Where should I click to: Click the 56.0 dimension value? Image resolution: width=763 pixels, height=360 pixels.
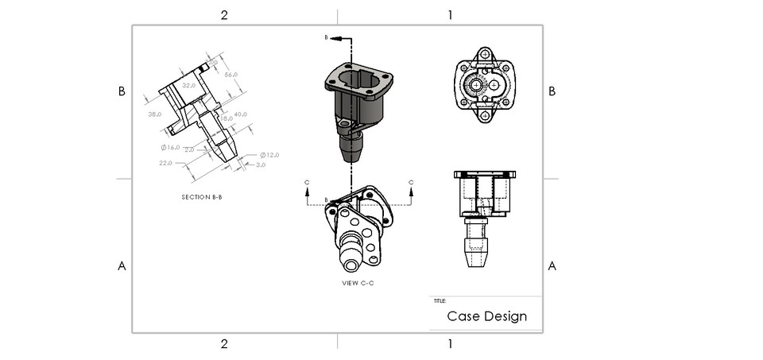click(x=232, y=74)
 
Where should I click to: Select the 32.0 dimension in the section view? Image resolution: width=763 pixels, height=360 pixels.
click(x=189, y=84)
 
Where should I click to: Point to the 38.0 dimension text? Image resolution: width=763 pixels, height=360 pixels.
click(x=155, y=114)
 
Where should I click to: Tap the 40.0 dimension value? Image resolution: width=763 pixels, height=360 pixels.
click(x=241, y=114)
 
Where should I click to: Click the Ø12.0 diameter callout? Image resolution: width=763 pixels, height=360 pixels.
click(x=269, y=154)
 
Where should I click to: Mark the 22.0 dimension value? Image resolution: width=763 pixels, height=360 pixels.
click(x=166, y=162)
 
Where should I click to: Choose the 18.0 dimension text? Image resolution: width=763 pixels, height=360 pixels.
click(x=227, y=118)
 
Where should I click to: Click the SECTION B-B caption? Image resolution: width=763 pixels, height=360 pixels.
click(x=202, y=196)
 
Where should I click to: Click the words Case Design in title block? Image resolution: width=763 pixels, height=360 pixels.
click(x=486, y=316)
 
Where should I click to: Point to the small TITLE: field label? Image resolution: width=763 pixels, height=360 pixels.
click(x=440, y=301)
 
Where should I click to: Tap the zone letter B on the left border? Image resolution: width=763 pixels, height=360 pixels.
click(x=122, y=91)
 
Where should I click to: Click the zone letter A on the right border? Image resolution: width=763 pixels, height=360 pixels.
click(x=552, y=265)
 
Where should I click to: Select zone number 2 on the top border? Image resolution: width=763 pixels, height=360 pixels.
click(x=224, y=14)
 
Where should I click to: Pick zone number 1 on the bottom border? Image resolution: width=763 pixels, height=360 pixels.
click(x=450, y=343)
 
